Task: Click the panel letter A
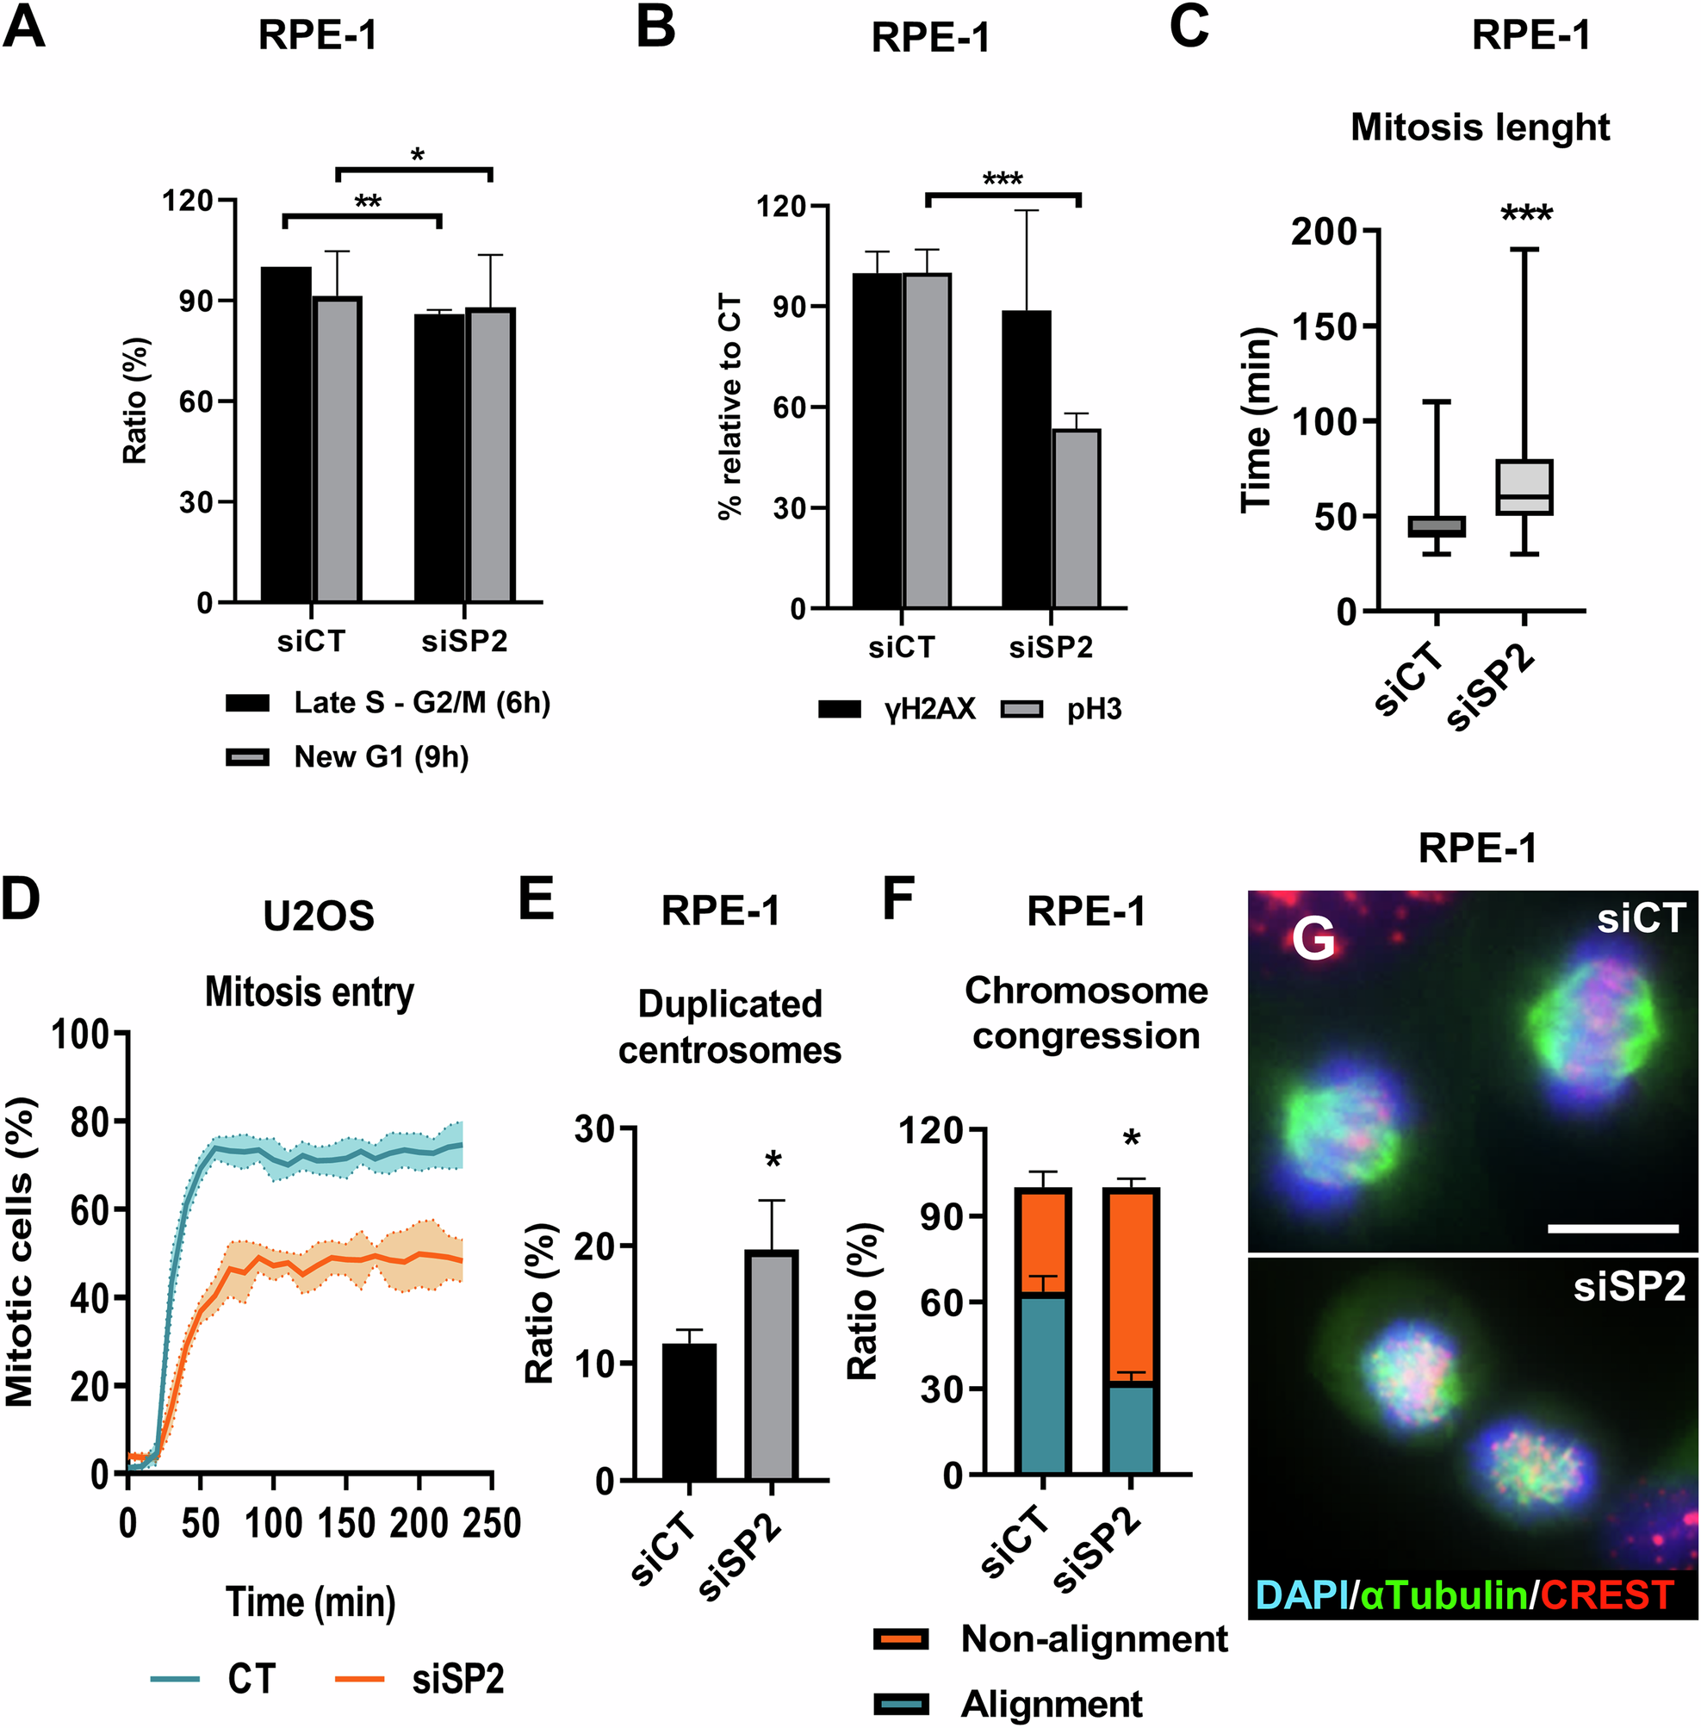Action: (24, 27)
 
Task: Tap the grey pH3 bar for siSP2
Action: (1077, 519)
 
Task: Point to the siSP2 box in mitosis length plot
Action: (1524, 487)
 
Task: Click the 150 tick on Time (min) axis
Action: (1325, 326)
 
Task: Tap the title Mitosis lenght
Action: (1480, 127)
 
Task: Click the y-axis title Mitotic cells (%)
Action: (20, 1252)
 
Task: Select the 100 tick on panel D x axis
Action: (272, 1522)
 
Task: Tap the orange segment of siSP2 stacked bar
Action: (1131, 1286)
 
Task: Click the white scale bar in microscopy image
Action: (1612, 1228)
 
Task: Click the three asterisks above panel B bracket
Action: (1003, 178)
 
